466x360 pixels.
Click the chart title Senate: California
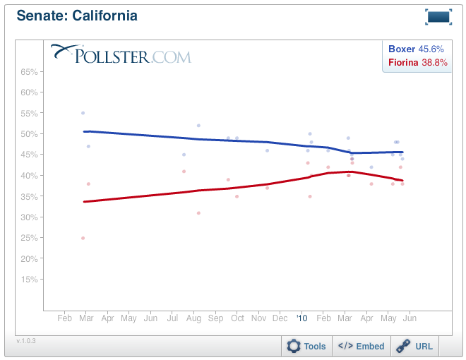(x=77, y=16)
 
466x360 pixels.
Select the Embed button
(x=362, y=346)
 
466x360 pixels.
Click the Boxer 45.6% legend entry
(x=416, y=49)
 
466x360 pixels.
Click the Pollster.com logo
(x=121, y=54)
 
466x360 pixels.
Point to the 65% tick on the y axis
(x=29, y=72)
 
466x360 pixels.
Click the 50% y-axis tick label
(x=29, y=134)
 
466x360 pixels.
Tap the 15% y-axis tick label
(x=29, y=280)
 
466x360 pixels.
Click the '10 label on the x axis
(x=303, y=318)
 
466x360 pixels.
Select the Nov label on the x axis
(x=259, y=318)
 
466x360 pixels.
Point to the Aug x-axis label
(x=193, y=318)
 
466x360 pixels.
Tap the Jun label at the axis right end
(x=409, y=318)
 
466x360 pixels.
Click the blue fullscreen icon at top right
(x=438, y=17)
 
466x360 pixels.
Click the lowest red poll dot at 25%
(x=83, y=238)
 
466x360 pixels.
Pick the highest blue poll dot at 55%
(x=83, y=113)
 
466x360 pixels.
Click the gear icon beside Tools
(x=294, y=346)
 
